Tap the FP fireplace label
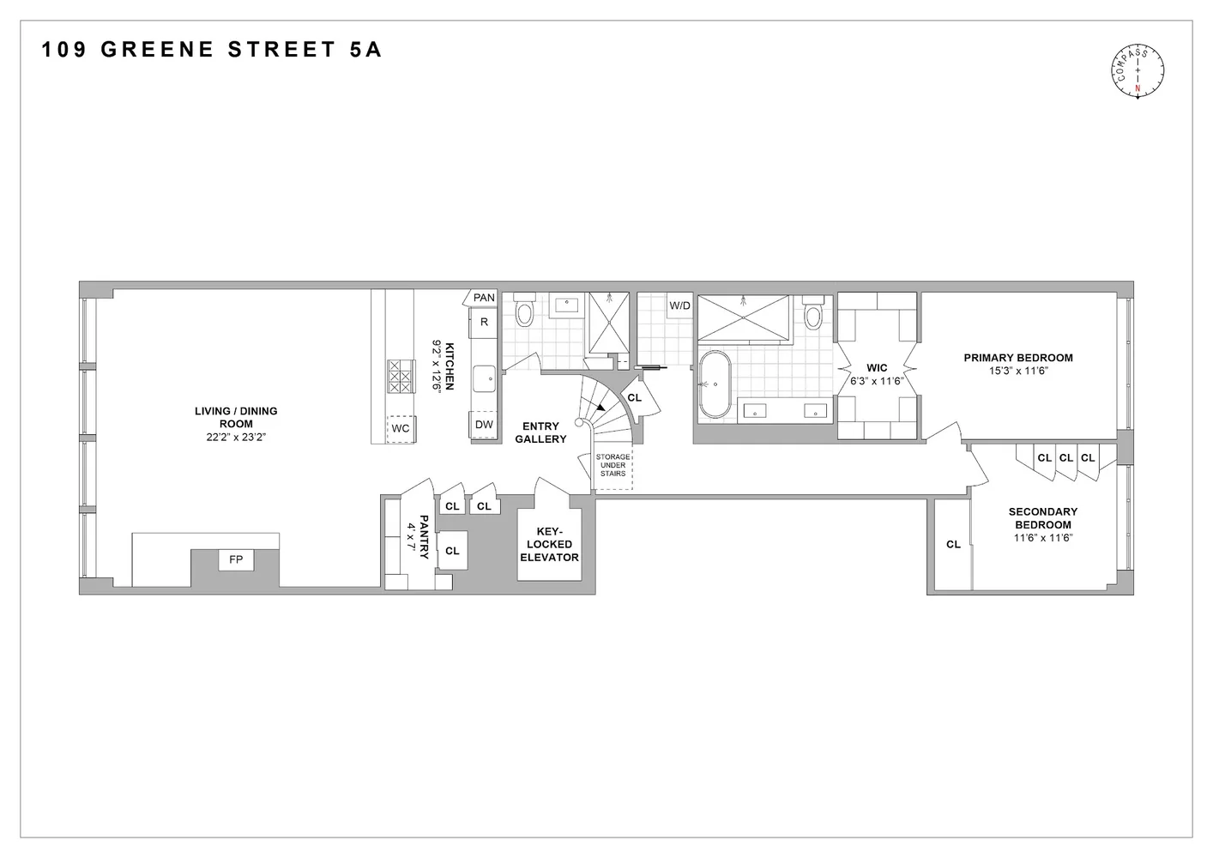pos(236,560)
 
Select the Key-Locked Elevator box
pos(549,544)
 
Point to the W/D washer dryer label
pos(679,305)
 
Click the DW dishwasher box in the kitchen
pos(484,425)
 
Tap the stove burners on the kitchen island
pos(401,376)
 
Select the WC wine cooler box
pos(401,428)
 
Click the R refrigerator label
pos(484,322)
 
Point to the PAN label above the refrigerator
pos(484,298)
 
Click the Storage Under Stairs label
pos(613,465)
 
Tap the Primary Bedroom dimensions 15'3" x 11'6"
pos(1018,371)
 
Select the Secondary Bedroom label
pos(1042,518)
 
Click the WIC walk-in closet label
pos(877,368)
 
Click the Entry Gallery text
pos(540,432)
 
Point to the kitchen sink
pos(485,377)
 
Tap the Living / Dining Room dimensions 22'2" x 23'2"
pos(236,437)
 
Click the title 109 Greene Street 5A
pos(212,50)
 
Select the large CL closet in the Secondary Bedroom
pos(953,544)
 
